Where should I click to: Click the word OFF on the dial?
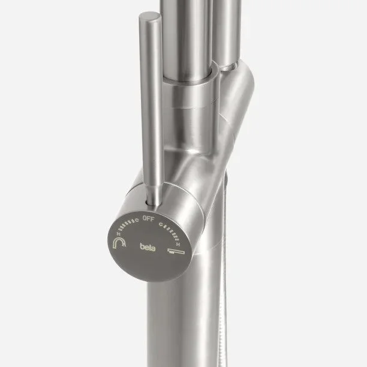click(148, 219)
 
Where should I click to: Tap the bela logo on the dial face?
click(148, 247)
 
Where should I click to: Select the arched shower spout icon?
click(119, 243)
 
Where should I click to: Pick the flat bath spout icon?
click(176, 251)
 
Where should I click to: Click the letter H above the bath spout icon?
click(178, 245)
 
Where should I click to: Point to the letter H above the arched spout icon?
click(119, 233)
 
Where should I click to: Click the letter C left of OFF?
click(137, 220)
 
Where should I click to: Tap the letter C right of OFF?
click(161, 224)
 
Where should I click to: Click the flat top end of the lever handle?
click(150, 17)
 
